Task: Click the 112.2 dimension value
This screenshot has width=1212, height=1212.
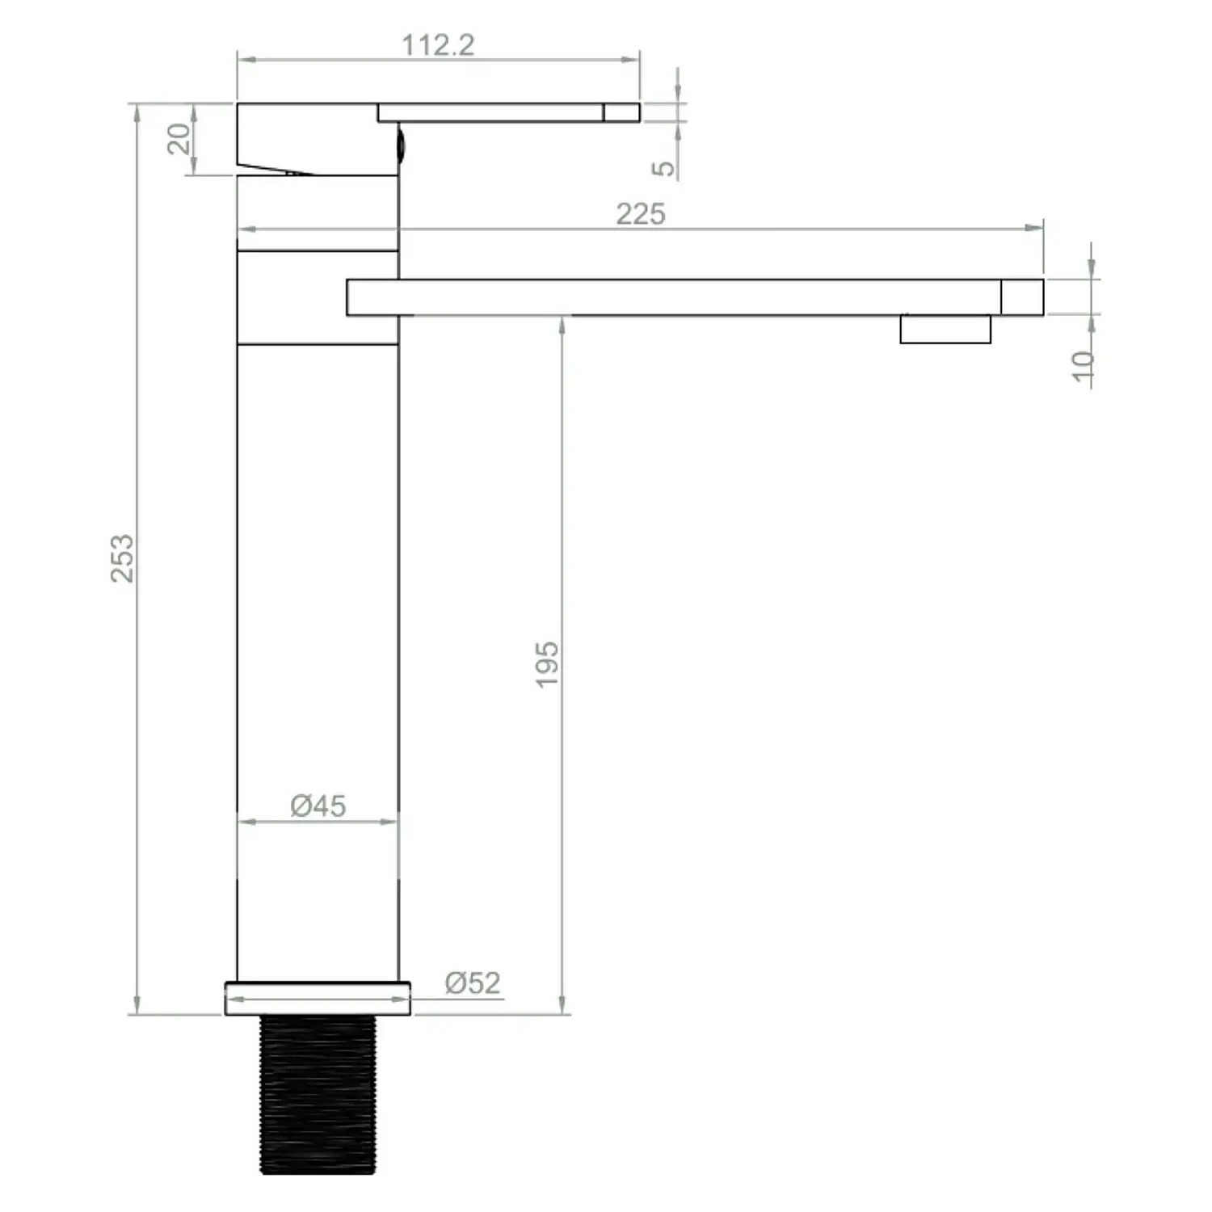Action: pyautogui.click(x=438, y=45)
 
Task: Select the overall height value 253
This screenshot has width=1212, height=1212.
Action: pyautogui.click(x=123, y=558)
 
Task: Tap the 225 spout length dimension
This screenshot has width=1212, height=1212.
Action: pyautogui.click(x=641, y=214)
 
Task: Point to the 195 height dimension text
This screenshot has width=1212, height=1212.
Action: pyautogui.click(x=547, y=664)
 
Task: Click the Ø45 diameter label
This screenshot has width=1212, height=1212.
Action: pyautogui.click(x=318, y=806)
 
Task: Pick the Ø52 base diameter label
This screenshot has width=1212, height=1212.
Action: pyautogui.click(x=473, y=983)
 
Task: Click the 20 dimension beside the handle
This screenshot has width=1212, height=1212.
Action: pyautogui.click(x=179, y=139)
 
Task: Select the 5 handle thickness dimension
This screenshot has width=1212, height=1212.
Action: pyautogui.click(x=663, y=168)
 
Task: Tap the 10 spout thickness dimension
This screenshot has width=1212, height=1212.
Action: pyautogui.click(x=1083, y=366)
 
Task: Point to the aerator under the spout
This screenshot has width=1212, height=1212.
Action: pyautogui.click(x=945, y=329)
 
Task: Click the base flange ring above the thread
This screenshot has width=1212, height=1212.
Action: pyautogui.click(x=318, y=998)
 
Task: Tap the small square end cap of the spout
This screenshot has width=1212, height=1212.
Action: pyautogui.click(x=1022, y=297)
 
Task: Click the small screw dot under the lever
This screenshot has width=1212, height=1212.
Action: pyautogui.click(x=399, y=145)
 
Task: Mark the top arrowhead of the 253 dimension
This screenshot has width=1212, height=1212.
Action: pyautogui.click(x=137, y=112)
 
